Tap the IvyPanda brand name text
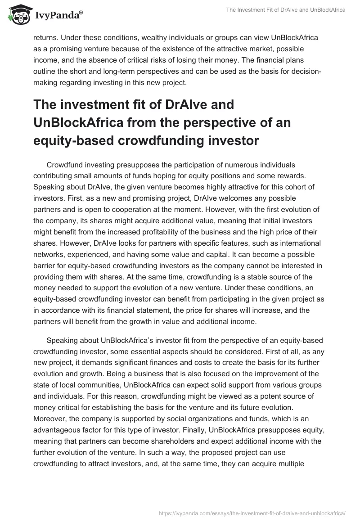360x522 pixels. point(59,16)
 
